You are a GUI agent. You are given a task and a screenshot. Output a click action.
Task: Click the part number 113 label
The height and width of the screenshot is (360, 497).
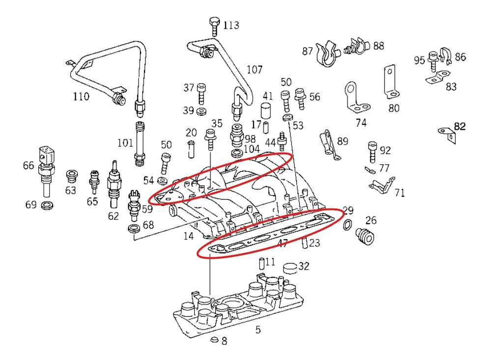pos(231,25)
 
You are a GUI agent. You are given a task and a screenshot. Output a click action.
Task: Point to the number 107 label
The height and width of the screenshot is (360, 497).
pos(254,69)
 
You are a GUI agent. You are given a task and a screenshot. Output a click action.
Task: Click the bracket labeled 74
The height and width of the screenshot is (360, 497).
pos(355,98)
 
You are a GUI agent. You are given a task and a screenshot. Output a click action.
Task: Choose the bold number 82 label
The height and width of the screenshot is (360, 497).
pos(460,126)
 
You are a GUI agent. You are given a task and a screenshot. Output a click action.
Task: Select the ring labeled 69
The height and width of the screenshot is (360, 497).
pos(48,204)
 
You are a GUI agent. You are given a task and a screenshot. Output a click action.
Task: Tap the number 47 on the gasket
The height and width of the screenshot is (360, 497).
pos(283,243)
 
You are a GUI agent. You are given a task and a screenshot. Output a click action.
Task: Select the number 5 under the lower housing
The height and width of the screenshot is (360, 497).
pos(258,330)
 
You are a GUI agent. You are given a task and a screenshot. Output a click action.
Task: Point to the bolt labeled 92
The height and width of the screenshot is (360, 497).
pos(372,150)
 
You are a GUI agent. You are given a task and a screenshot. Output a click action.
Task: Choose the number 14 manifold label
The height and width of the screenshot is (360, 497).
pos(188,236)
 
